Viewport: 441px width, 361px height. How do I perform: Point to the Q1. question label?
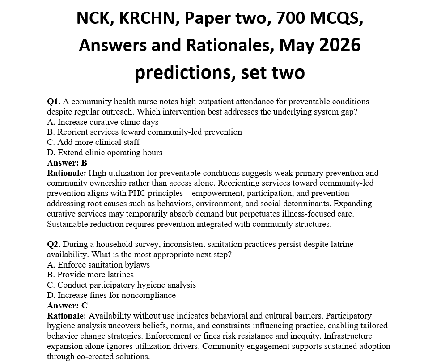point(54,102)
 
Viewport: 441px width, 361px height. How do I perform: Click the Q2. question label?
point(54,244)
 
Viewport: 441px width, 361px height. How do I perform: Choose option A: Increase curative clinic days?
point(102,122)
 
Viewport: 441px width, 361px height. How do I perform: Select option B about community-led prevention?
point(144,132)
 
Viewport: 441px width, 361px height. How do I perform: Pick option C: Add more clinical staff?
point(93,142)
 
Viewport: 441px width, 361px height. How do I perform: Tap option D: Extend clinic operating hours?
point(104,153)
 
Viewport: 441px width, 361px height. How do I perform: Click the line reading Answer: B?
point(67,163)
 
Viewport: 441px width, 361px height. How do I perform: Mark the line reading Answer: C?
point(67,306)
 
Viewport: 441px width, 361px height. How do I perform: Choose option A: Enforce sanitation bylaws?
point(98,265)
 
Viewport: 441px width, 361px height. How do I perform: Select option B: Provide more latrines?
point(90,275)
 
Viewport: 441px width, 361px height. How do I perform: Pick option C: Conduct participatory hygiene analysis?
point(121,285)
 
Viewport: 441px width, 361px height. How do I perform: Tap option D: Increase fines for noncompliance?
point(111,295)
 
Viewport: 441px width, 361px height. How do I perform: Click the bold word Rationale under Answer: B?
point(67,173)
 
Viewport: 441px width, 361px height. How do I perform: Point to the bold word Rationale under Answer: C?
point(67,316)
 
